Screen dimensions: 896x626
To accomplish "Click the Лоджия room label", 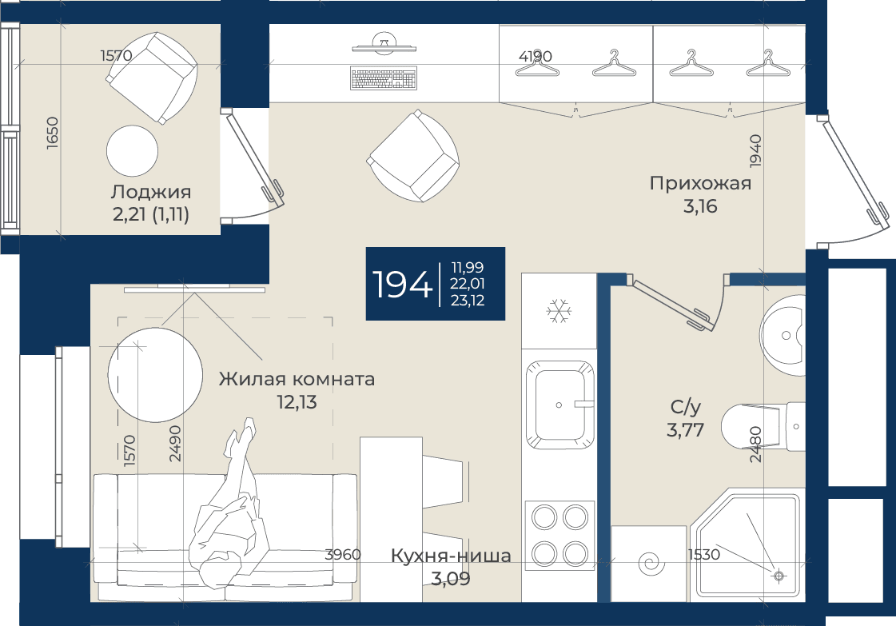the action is click(x=151, y=192).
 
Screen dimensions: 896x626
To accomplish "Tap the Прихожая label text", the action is click(x=700, y=184).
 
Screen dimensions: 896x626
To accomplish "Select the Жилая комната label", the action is click(x=297, y=379).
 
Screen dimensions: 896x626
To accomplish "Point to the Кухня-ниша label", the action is click(x=451, y=556).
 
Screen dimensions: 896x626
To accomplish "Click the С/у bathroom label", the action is click(x=685, y=407).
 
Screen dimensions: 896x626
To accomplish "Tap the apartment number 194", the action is click(x=402, y=284).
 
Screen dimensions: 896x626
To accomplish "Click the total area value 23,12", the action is click(x=468, y=301).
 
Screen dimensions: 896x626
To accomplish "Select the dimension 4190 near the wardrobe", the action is click(x=536, y=56).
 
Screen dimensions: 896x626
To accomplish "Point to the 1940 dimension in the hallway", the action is click(x=755, y=150).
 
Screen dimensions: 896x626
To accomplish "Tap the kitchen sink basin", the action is click(x=560, y=405).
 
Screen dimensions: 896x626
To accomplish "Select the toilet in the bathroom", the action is click(x=763, y=426).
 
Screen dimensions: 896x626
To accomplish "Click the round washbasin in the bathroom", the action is click(x=783, y=336).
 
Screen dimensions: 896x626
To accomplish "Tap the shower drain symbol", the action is click(x=779, y=576).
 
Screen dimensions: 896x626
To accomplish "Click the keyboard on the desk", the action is click(x=384, y=79).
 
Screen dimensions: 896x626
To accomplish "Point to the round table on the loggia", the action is click(x=132, y=151).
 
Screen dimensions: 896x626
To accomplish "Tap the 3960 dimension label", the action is click(x=343, y=554).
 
